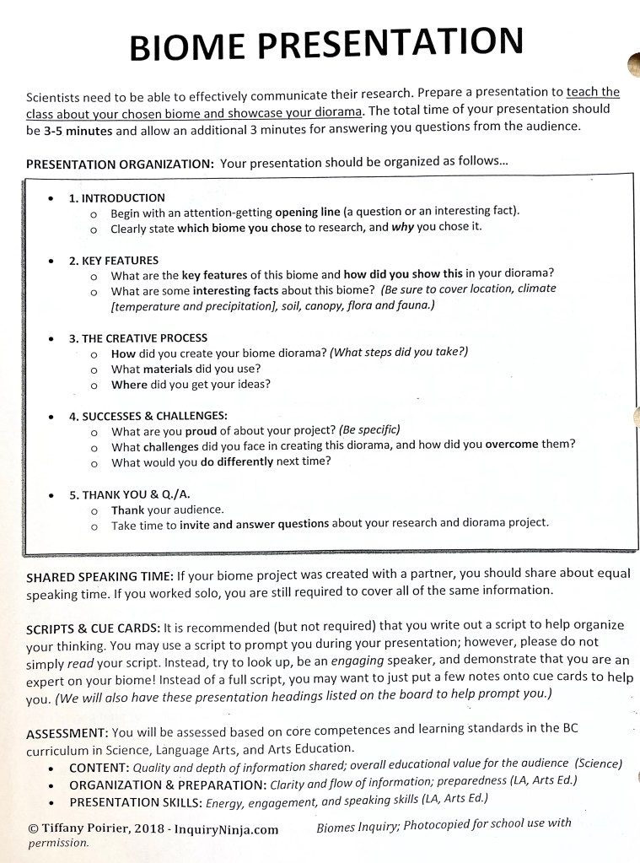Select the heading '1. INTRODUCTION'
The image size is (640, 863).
pyautogui.click(x=117, y=198)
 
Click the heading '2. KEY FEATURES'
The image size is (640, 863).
pyautogui.click(x=114, y=261)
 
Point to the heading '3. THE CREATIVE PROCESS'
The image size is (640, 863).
pyautogui.click(x=138, y=338)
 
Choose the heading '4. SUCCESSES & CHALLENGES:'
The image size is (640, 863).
pyautogui.click(x=148, y=417)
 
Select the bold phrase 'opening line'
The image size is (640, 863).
pyautogui.click(x=309, y=212)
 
